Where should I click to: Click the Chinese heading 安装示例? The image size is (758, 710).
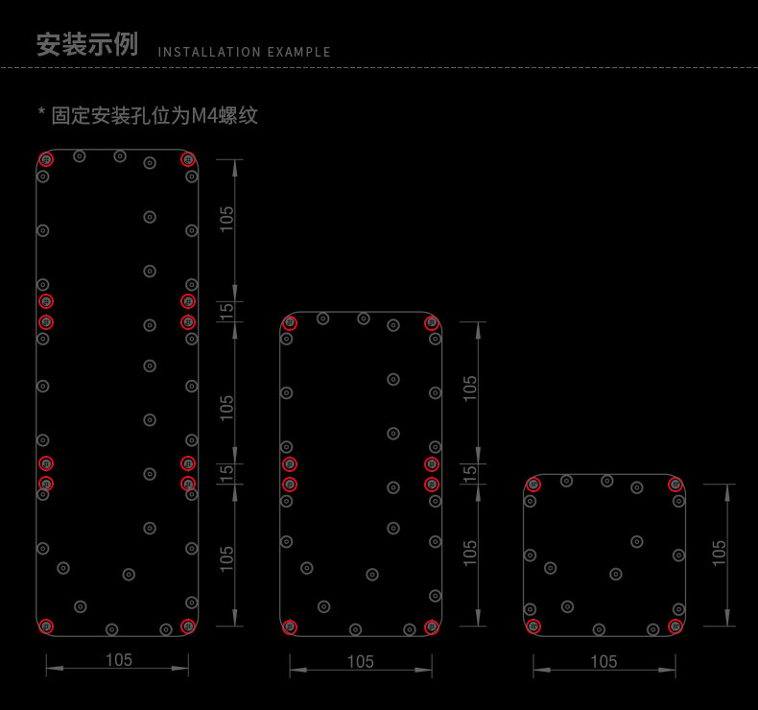click(86, 45)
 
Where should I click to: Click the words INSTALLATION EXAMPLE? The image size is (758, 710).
click(244, 53)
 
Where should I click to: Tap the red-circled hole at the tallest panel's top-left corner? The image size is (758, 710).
click(46, 159)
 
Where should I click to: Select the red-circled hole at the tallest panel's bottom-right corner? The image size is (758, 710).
click(188, 627)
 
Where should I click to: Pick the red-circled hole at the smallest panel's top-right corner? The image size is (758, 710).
click(675, 485)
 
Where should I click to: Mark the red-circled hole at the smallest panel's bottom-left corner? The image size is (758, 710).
click(533, 627)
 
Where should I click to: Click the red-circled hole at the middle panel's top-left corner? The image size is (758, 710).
click(290, 322)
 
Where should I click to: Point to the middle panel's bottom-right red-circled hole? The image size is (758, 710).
click(432, 627)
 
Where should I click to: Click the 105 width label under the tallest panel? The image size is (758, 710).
click(118, 660)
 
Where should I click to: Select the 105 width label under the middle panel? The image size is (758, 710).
click(360, 661)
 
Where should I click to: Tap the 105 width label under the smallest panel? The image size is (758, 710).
click(604, 661)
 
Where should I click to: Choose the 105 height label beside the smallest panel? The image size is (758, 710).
click(720, 553)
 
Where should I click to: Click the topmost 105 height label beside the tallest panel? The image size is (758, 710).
click(226, 220)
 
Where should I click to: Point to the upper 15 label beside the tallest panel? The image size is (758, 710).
click(226, 311)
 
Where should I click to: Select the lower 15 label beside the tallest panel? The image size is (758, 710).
click(226, 473)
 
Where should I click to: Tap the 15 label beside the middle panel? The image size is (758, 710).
click(469, 473)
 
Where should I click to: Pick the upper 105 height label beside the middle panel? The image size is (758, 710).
click(469, 388)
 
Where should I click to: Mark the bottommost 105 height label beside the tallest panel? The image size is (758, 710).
click(226, 557)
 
